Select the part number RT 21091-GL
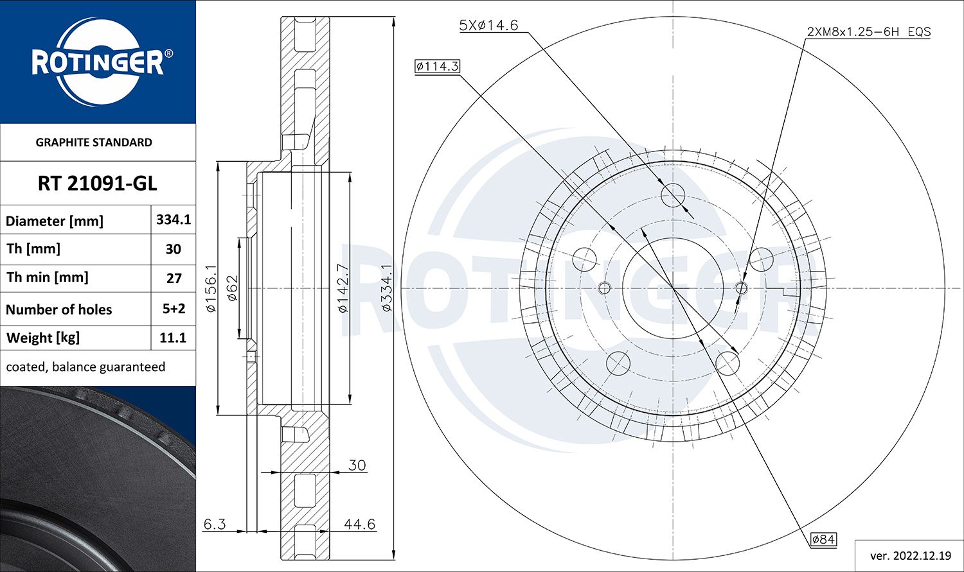click(97, 184)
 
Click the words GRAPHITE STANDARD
click(94, 143)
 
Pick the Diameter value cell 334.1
click(173, 220)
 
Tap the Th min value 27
click(173, 278)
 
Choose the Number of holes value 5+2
click(173, 309)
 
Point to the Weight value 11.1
click(173, 338)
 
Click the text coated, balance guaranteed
click(85, 367)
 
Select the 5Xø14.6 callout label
click(488, 26)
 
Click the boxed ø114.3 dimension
click(437, 66)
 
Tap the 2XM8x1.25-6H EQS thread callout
click(868, 31)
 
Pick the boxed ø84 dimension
click(823, 539)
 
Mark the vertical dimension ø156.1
click(211, 288)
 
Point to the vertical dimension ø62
click(232, 288)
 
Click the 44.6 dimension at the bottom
click(359, 524)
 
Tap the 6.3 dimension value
click(214, 524)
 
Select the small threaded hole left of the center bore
click(603, 288)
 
